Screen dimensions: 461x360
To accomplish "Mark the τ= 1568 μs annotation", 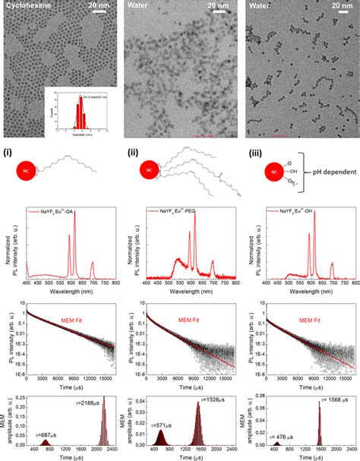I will tap(331, 404).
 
